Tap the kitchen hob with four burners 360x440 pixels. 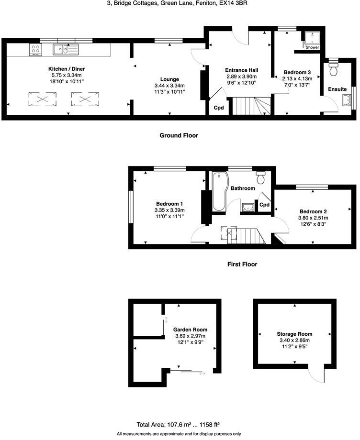35,48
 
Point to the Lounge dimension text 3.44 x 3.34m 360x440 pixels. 169,86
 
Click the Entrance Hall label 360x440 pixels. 241,70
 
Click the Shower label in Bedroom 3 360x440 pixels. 312,47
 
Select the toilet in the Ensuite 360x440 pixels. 334,70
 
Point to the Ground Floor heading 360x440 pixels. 179,135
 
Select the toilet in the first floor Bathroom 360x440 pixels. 261,178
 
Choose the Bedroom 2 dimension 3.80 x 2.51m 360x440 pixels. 313,219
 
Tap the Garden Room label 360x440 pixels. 191,330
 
